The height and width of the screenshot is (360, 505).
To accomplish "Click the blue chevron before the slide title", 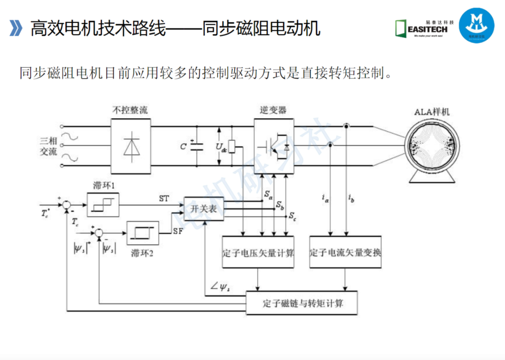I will click(16, 28).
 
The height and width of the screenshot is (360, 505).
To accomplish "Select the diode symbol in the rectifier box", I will click(131, 144).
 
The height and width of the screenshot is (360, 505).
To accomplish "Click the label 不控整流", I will click(130, 110).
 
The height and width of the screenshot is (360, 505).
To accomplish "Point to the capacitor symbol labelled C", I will click(197, 146).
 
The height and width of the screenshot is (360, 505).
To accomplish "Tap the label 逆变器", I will click(273, 110).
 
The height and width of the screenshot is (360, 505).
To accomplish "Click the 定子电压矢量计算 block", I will click(258, 252).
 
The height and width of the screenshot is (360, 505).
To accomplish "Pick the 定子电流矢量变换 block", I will click(345, 252).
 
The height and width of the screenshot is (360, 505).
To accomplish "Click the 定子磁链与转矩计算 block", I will click(302, 303).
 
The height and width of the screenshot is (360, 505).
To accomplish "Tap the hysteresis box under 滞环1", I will click(103, 205).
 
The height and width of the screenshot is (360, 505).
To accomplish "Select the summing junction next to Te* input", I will click(67, 204).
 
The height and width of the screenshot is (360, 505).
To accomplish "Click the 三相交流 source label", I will click(48, 146).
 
